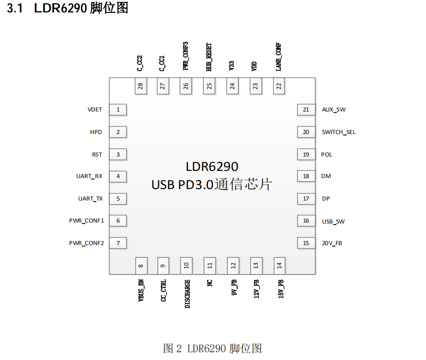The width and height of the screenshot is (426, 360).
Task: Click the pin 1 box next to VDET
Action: coord(118,110)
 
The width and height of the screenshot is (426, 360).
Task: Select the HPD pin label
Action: coord(96,132)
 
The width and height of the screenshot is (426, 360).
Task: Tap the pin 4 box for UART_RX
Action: coord(118,176)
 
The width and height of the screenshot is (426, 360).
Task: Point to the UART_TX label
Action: coord(91,199)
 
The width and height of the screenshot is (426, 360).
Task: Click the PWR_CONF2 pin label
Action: coord(86,243)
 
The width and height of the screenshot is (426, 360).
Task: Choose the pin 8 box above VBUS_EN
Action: coord(141,266)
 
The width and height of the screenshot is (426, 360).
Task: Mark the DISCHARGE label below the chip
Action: coord(187,293)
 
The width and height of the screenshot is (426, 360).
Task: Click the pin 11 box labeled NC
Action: coord(209,266)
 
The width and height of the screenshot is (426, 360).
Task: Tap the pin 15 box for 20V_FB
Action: coord(306,243)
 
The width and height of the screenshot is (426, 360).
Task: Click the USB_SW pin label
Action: coord(334,221)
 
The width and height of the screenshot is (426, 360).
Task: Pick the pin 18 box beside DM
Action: coord(306,176)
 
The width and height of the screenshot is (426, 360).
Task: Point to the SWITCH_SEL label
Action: coord(339,132)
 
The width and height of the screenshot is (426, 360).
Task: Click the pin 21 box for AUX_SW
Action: coord(306,110)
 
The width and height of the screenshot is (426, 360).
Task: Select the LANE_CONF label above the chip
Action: coord(278,57)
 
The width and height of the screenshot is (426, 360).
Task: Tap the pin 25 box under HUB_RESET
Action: coord(209,87)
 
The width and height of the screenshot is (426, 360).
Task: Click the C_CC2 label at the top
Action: coord(140,63)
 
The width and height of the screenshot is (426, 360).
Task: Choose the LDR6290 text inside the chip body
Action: coord(212,167)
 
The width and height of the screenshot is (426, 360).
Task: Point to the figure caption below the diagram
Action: coord(212,348)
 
